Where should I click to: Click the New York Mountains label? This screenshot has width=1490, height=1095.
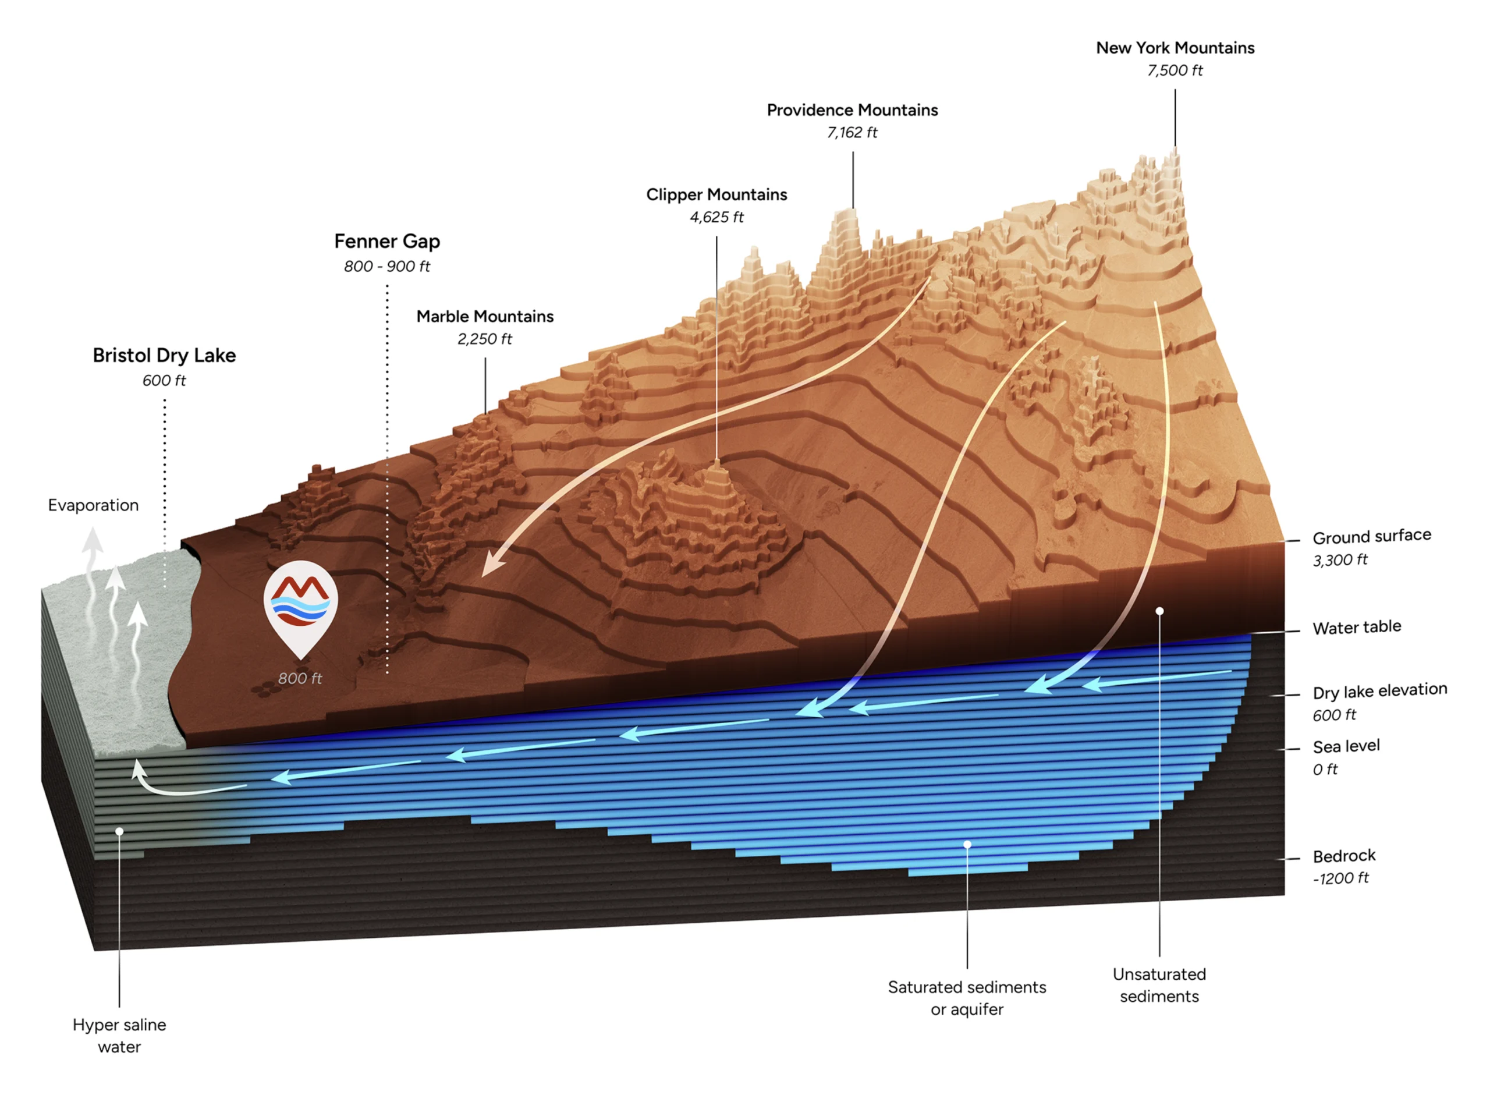[1175, 48]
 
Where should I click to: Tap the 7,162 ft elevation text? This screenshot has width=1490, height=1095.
[852, 133]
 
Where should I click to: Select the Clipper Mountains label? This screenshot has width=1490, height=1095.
[716, 194]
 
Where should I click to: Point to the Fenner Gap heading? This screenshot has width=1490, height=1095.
[387, 241]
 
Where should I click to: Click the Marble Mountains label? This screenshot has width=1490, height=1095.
[484, 316]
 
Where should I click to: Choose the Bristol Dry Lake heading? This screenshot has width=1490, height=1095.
[164, 355]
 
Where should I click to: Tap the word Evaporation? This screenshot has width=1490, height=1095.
[93, 505]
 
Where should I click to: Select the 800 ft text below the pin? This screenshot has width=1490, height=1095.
[300, 678]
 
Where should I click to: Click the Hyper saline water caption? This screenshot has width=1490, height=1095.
[119, 1036]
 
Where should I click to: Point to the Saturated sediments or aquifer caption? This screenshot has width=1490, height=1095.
[967, 998]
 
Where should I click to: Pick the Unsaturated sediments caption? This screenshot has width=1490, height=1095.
[1159, 985]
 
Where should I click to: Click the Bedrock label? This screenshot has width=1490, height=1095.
[1343, 856]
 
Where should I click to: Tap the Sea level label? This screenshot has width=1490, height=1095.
[1346, 746]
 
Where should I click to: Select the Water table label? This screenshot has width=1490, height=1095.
[1356, 627]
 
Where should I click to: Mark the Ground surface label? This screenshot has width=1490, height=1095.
[1371, 536]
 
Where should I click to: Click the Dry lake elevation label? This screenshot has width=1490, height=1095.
[1379, 690]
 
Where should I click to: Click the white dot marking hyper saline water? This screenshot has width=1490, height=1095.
[119, 831]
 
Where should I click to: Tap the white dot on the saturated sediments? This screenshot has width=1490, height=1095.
[967, 844]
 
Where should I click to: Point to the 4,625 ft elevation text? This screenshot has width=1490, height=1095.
[716, 217]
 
